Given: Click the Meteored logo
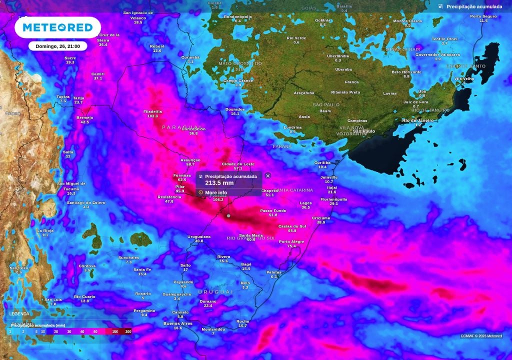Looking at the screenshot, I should click(54, 27).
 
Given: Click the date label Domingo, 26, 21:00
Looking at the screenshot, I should click(57, 46).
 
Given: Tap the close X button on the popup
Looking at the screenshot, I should click(268, 175).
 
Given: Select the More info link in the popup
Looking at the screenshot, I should click(215, 192).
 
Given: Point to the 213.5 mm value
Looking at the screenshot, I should click(219, 183).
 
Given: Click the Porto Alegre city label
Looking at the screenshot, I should click(291, 241).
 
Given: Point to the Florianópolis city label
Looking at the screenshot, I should click(333, 199).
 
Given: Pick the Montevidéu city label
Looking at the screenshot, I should click(213, 329).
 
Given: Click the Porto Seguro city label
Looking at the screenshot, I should click(483, 16).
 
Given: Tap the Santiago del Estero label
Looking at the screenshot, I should click(86, 202).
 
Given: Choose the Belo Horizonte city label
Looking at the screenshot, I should click(406, 71).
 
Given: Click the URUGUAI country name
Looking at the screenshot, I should click(215, 291).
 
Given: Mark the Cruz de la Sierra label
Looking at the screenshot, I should click(102, 37).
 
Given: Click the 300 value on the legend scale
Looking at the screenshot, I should click(128, 331).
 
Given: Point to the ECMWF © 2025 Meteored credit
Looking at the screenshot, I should click(481, 336).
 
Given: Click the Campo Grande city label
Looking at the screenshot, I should click(238, 80).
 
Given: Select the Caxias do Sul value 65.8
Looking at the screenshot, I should click(292, 230).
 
